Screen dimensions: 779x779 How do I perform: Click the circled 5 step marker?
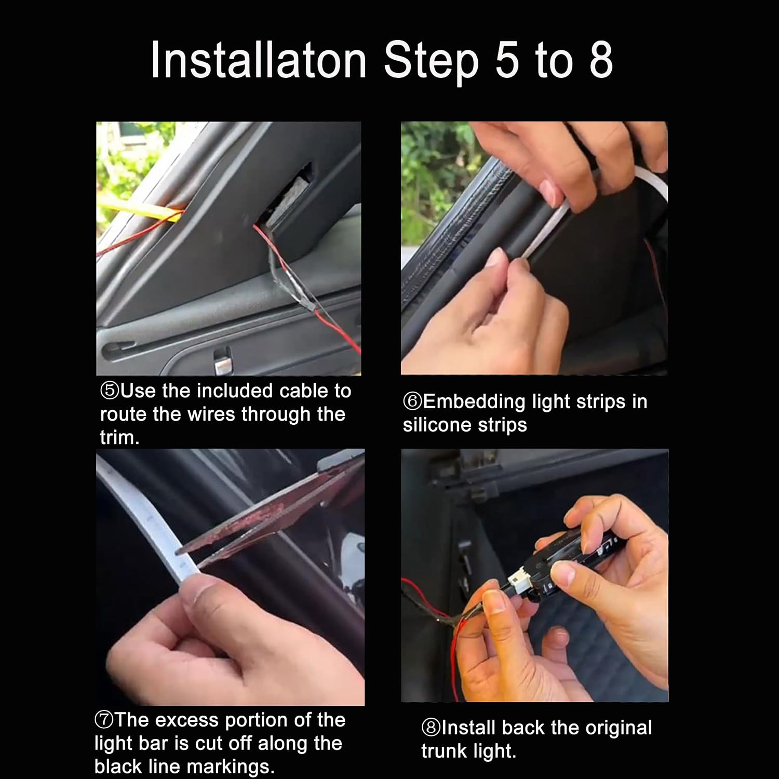pyautogui.click(x=110, y=391)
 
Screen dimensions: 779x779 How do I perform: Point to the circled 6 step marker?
pyautogui.click(x=412, y=401)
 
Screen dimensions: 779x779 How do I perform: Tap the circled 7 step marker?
pyautogui.click(x=105, y=720)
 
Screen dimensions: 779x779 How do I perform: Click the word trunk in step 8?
pyautogui.click(x=444, y=751)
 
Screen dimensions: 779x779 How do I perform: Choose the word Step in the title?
pyautogui.click(x=431, y=61)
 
